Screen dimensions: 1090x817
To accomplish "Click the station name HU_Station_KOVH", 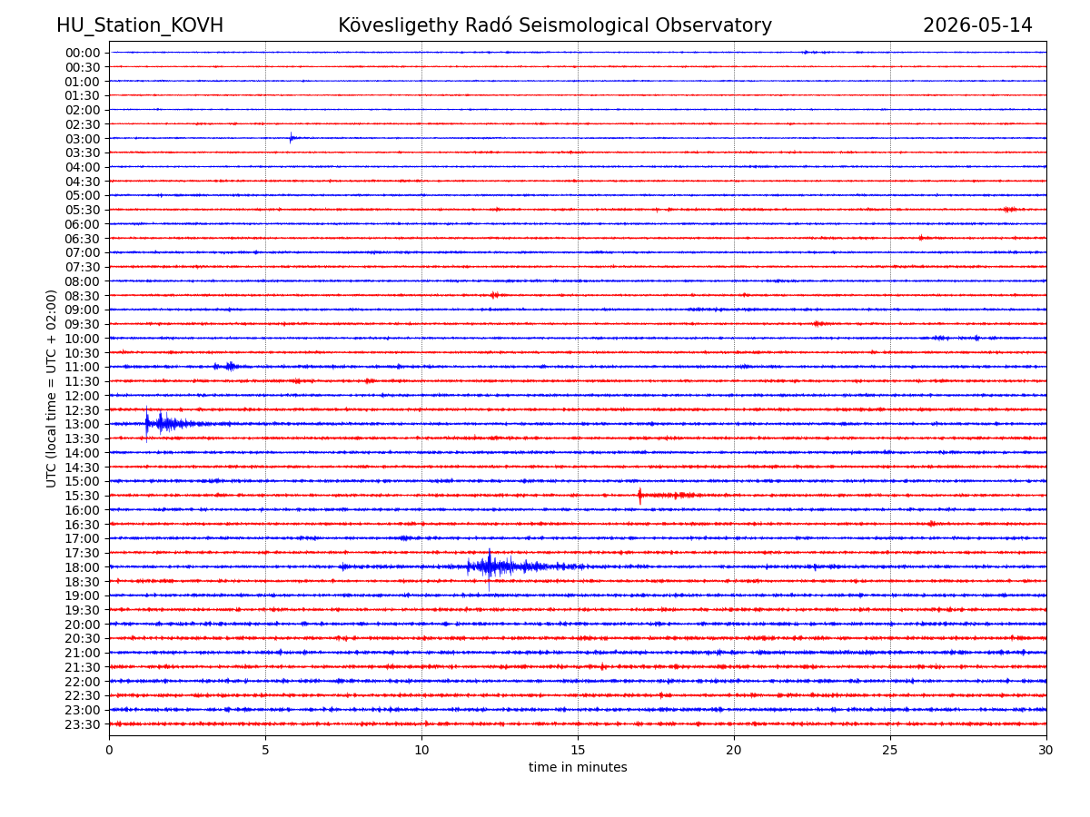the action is pos(140,25).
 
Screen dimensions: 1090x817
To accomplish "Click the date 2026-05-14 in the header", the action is pos(977,25).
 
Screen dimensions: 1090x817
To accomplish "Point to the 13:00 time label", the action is pos(83,424).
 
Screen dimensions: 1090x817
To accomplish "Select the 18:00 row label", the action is pos(83,567).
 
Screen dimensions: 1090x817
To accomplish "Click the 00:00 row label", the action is pos(83,53).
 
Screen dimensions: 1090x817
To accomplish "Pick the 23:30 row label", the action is pos(83,724).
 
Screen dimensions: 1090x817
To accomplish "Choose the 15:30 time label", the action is pos(83,496).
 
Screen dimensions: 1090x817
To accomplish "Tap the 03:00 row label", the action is pos(83,138).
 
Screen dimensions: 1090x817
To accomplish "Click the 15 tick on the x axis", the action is pos(578,750).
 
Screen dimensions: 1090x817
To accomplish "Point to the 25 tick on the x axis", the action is pos(890,750).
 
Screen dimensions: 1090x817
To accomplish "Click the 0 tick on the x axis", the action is pos(109,750).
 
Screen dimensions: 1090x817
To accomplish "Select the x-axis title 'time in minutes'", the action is pos(578,767).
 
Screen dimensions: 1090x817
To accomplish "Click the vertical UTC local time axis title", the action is pos(51,389).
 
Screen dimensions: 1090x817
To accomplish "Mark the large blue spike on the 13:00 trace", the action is pos(146,424).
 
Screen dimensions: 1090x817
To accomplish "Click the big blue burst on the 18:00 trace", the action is pos(507,566).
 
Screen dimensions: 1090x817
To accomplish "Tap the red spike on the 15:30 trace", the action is pos(639,496).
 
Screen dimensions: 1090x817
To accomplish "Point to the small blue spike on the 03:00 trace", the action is pos(291,138).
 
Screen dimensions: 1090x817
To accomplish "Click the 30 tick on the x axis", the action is pos(1045,750).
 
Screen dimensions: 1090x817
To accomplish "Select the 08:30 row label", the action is pos(83,296).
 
